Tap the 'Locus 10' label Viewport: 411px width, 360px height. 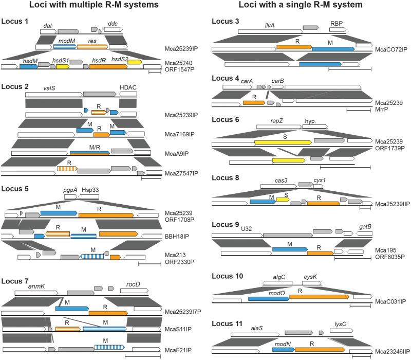[229, 276]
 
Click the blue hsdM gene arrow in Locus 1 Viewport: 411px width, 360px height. [28, 66]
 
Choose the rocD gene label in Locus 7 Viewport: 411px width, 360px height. [134, 284]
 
